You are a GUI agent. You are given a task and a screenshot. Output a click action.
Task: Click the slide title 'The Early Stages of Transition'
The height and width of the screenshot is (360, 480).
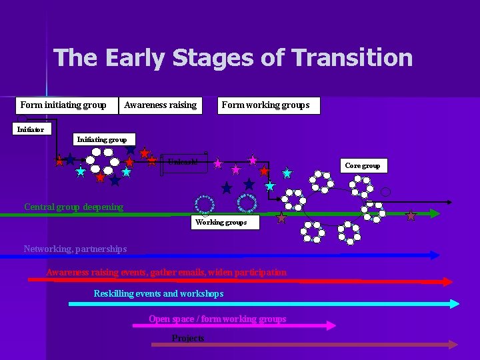pos(233,58)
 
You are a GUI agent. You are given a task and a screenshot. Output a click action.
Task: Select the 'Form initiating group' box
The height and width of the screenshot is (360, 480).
pos(63,105)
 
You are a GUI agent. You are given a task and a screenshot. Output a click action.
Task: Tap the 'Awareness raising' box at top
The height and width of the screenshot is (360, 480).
pos(160,105)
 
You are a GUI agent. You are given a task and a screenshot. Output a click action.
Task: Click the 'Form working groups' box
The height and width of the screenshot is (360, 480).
pos(265,105)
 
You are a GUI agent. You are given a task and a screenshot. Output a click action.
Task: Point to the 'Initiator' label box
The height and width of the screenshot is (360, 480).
pos(30,129)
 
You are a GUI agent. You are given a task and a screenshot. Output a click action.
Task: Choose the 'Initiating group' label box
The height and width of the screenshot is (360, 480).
pos(102,139)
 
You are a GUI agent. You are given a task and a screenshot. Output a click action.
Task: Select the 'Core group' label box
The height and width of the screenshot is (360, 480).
pos(363,165)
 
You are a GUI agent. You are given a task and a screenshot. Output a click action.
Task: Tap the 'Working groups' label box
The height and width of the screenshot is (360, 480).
pos(221,223)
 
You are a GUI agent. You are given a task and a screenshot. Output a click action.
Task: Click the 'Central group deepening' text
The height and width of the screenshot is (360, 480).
pos(73,207)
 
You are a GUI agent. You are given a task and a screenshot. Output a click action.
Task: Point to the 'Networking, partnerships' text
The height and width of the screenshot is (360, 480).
pos(75,249)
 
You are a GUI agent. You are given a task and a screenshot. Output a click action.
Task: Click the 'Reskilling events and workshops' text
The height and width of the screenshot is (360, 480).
pos(159,294)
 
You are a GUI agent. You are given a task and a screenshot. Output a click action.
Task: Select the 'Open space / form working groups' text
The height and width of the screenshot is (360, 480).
pos(217,319)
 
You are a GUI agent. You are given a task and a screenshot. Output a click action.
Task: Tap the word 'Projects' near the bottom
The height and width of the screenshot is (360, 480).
pos(188,339)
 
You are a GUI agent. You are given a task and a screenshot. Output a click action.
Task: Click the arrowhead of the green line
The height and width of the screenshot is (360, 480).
pos(434,214)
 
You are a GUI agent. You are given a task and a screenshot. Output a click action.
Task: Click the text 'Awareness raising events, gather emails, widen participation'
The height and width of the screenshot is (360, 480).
pos(166,272)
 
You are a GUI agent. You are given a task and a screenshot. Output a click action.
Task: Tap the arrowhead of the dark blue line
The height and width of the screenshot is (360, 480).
pos(435,255)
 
